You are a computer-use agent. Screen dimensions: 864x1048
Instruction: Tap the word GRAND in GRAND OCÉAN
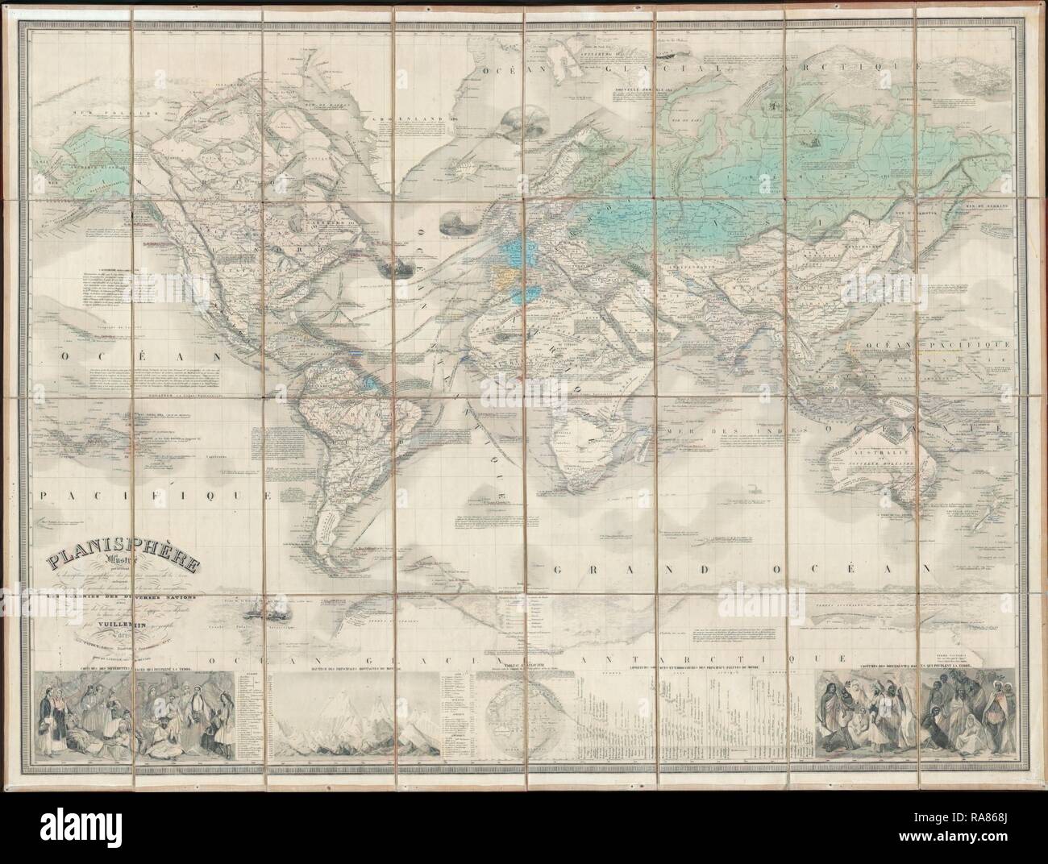point(598,571)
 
